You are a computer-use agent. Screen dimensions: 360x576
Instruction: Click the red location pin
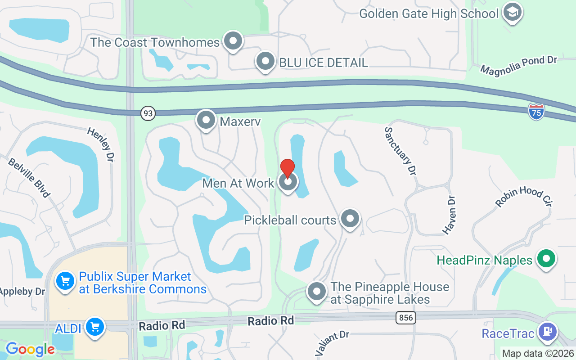288,169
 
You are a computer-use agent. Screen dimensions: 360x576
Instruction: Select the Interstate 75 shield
536,112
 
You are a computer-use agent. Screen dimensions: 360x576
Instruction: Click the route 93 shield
148,113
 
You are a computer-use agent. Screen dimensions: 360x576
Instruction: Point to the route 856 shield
406,318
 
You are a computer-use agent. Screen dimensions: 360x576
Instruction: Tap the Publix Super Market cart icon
65,281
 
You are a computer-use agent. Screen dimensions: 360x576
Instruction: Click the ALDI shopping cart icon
95,327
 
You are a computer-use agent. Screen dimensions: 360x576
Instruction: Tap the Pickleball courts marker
350,219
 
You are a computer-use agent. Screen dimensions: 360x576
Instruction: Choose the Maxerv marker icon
206,120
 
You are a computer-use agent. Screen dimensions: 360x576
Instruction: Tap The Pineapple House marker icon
316,291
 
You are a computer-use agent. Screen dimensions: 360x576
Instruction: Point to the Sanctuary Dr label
400,151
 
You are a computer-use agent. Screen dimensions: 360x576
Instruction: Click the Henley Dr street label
101,144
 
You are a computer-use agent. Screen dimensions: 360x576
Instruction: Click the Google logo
30,349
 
